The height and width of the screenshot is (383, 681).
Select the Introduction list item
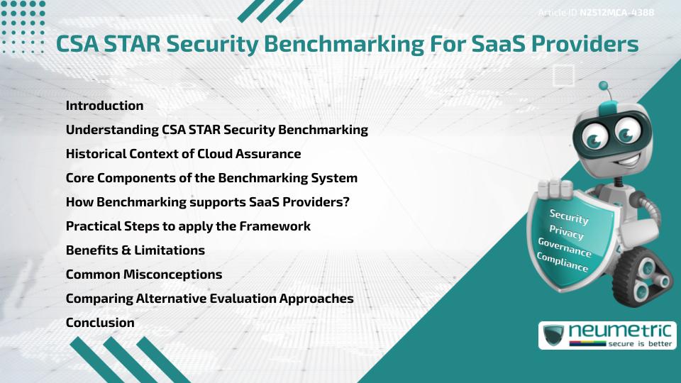(104, 106)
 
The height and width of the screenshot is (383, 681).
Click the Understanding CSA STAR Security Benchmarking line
(216, 130)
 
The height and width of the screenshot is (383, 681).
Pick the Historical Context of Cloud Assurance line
(183, 154)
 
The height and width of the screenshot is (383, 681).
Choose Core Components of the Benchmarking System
(211, 178)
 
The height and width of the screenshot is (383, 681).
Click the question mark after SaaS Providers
(346, 202)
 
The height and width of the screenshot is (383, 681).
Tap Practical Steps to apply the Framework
(188, 226)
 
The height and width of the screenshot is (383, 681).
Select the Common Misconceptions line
(143, 274)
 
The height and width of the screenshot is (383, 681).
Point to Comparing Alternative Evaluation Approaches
(209, 299)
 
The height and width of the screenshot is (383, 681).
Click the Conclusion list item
(100, 323)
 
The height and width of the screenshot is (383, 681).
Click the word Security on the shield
(569, 216)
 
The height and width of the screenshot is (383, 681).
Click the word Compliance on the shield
(563, 262)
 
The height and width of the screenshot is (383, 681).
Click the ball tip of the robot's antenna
(604, 87)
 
